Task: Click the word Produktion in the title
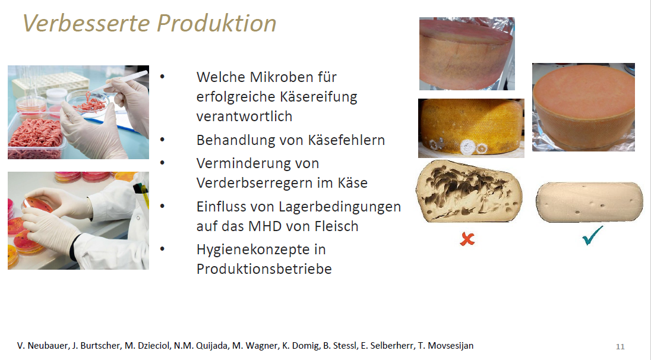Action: click(216, 23)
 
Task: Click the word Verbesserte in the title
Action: click(86, 23)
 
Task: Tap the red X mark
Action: click(467, 239)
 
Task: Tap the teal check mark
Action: click(592, 235)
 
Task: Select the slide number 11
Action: click(620, 347)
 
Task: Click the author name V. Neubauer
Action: click(43, 346)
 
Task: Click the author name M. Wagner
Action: click(255, 346)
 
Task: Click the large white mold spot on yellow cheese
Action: click(468, 147)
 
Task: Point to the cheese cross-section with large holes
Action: click(469, 191)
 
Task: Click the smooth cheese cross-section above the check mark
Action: click(589, 202)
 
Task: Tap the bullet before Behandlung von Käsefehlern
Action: click(162, 140)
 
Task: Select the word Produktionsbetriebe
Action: click(264, 269)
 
